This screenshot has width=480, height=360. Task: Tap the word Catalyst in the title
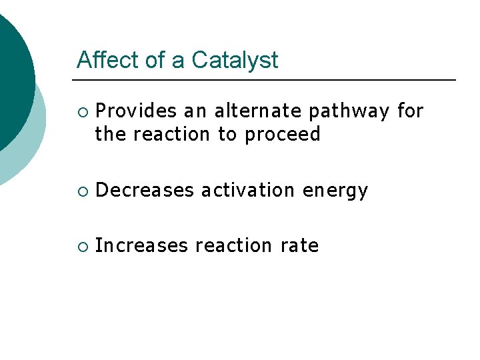coord(235,60)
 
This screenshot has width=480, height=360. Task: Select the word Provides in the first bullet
coord(137,111)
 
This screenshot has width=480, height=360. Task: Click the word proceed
coord(283,135)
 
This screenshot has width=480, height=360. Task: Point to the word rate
coord(299,246)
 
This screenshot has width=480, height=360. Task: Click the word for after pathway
coord(410,111)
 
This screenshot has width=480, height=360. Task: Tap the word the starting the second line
coord(111,135)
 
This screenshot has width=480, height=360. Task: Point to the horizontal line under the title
coord(266,80)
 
